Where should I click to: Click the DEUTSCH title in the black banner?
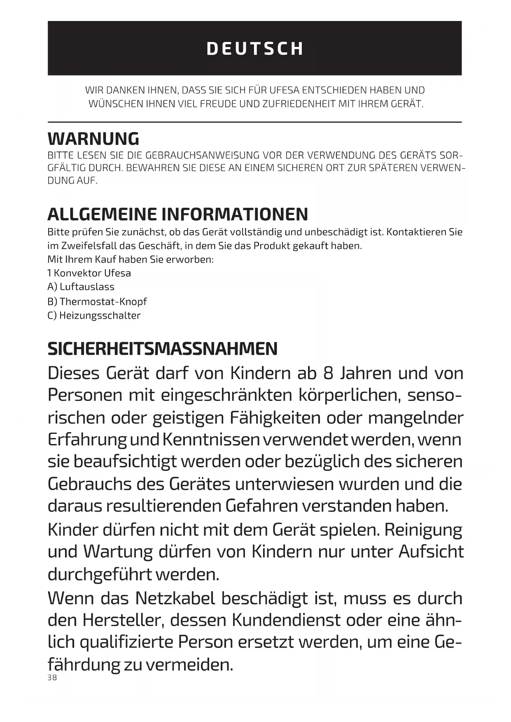255,49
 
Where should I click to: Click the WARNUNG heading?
93,139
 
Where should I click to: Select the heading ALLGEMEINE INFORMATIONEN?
177,214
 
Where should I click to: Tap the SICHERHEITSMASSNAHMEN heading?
163,349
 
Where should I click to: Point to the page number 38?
52,678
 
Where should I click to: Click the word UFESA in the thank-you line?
285,90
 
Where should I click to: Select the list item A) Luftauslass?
81,287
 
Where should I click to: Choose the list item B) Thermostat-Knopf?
97,301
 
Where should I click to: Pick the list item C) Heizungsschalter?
94,316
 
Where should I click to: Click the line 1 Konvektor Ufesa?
89,273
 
